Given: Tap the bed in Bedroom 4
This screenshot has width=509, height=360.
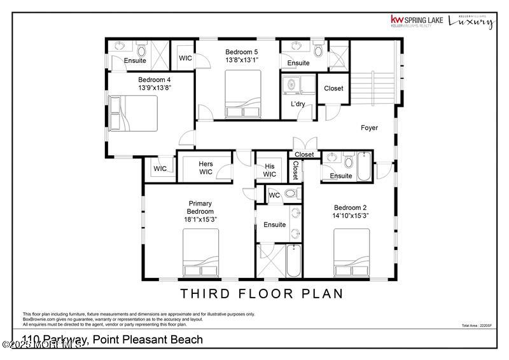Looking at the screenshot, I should (133, 113).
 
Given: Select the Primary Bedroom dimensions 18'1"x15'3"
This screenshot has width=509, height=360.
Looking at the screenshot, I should (200, 219).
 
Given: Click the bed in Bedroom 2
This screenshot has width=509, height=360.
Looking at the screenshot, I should (351, 253).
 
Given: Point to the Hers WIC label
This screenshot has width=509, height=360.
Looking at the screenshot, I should (206, 168).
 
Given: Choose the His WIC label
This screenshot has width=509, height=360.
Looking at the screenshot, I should (270, 170).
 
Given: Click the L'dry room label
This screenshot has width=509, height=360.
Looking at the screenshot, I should (298, 104).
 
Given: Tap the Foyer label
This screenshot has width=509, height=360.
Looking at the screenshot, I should (369, 128).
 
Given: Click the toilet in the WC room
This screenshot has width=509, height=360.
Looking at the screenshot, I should (289, 194).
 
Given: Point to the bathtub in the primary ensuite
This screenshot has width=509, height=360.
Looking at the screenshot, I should (293, 261).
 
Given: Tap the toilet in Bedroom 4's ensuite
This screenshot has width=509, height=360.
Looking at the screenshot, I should (141, 49).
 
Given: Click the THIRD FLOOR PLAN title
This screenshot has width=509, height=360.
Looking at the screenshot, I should (261, 293).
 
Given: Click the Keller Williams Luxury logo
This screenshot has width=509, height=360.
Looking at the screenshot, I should (471, 21).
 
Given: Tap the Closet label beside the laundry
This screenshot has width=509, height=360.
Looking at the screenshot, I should (333, 88).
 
